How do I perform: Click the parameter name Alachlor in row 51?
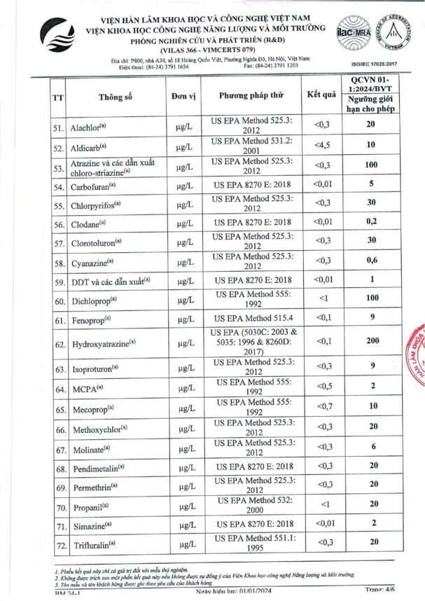tap(88, 128)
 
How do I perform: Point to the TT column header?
tap(58, 97)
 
